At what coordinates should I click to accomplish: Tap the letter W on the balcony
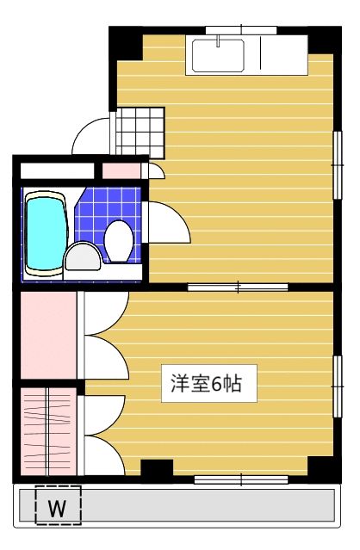(x=57, y=508)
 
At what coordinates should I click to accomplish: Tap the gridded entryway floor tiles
(x=139, y=132)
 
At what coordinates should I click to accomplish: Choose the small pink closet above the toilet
(x=121, y=170)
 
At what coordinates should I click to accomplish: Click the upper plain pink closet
(x=47, y=335)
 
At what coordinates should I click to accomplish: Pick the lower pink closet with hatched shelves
(x=47, y=429)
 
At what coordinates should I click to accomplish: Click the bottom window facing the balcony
(x=240, y=479)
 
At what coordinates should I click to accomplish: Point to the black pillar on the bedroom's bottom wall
(x=156, y=470)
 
